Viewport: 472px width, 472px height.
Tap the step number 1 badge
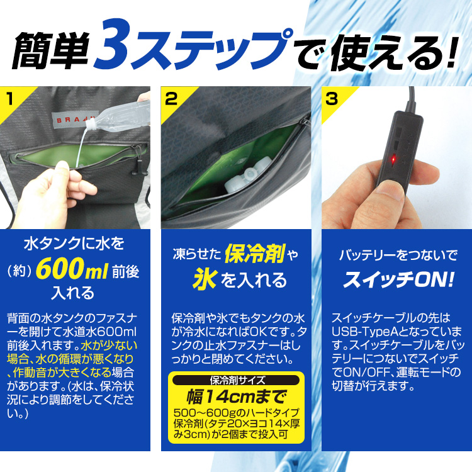tap(11, 98)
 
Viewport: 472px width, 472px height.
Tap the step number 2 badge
tap(171, 98)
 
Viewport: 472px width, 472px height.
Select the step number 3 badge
tap(332, 98)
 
